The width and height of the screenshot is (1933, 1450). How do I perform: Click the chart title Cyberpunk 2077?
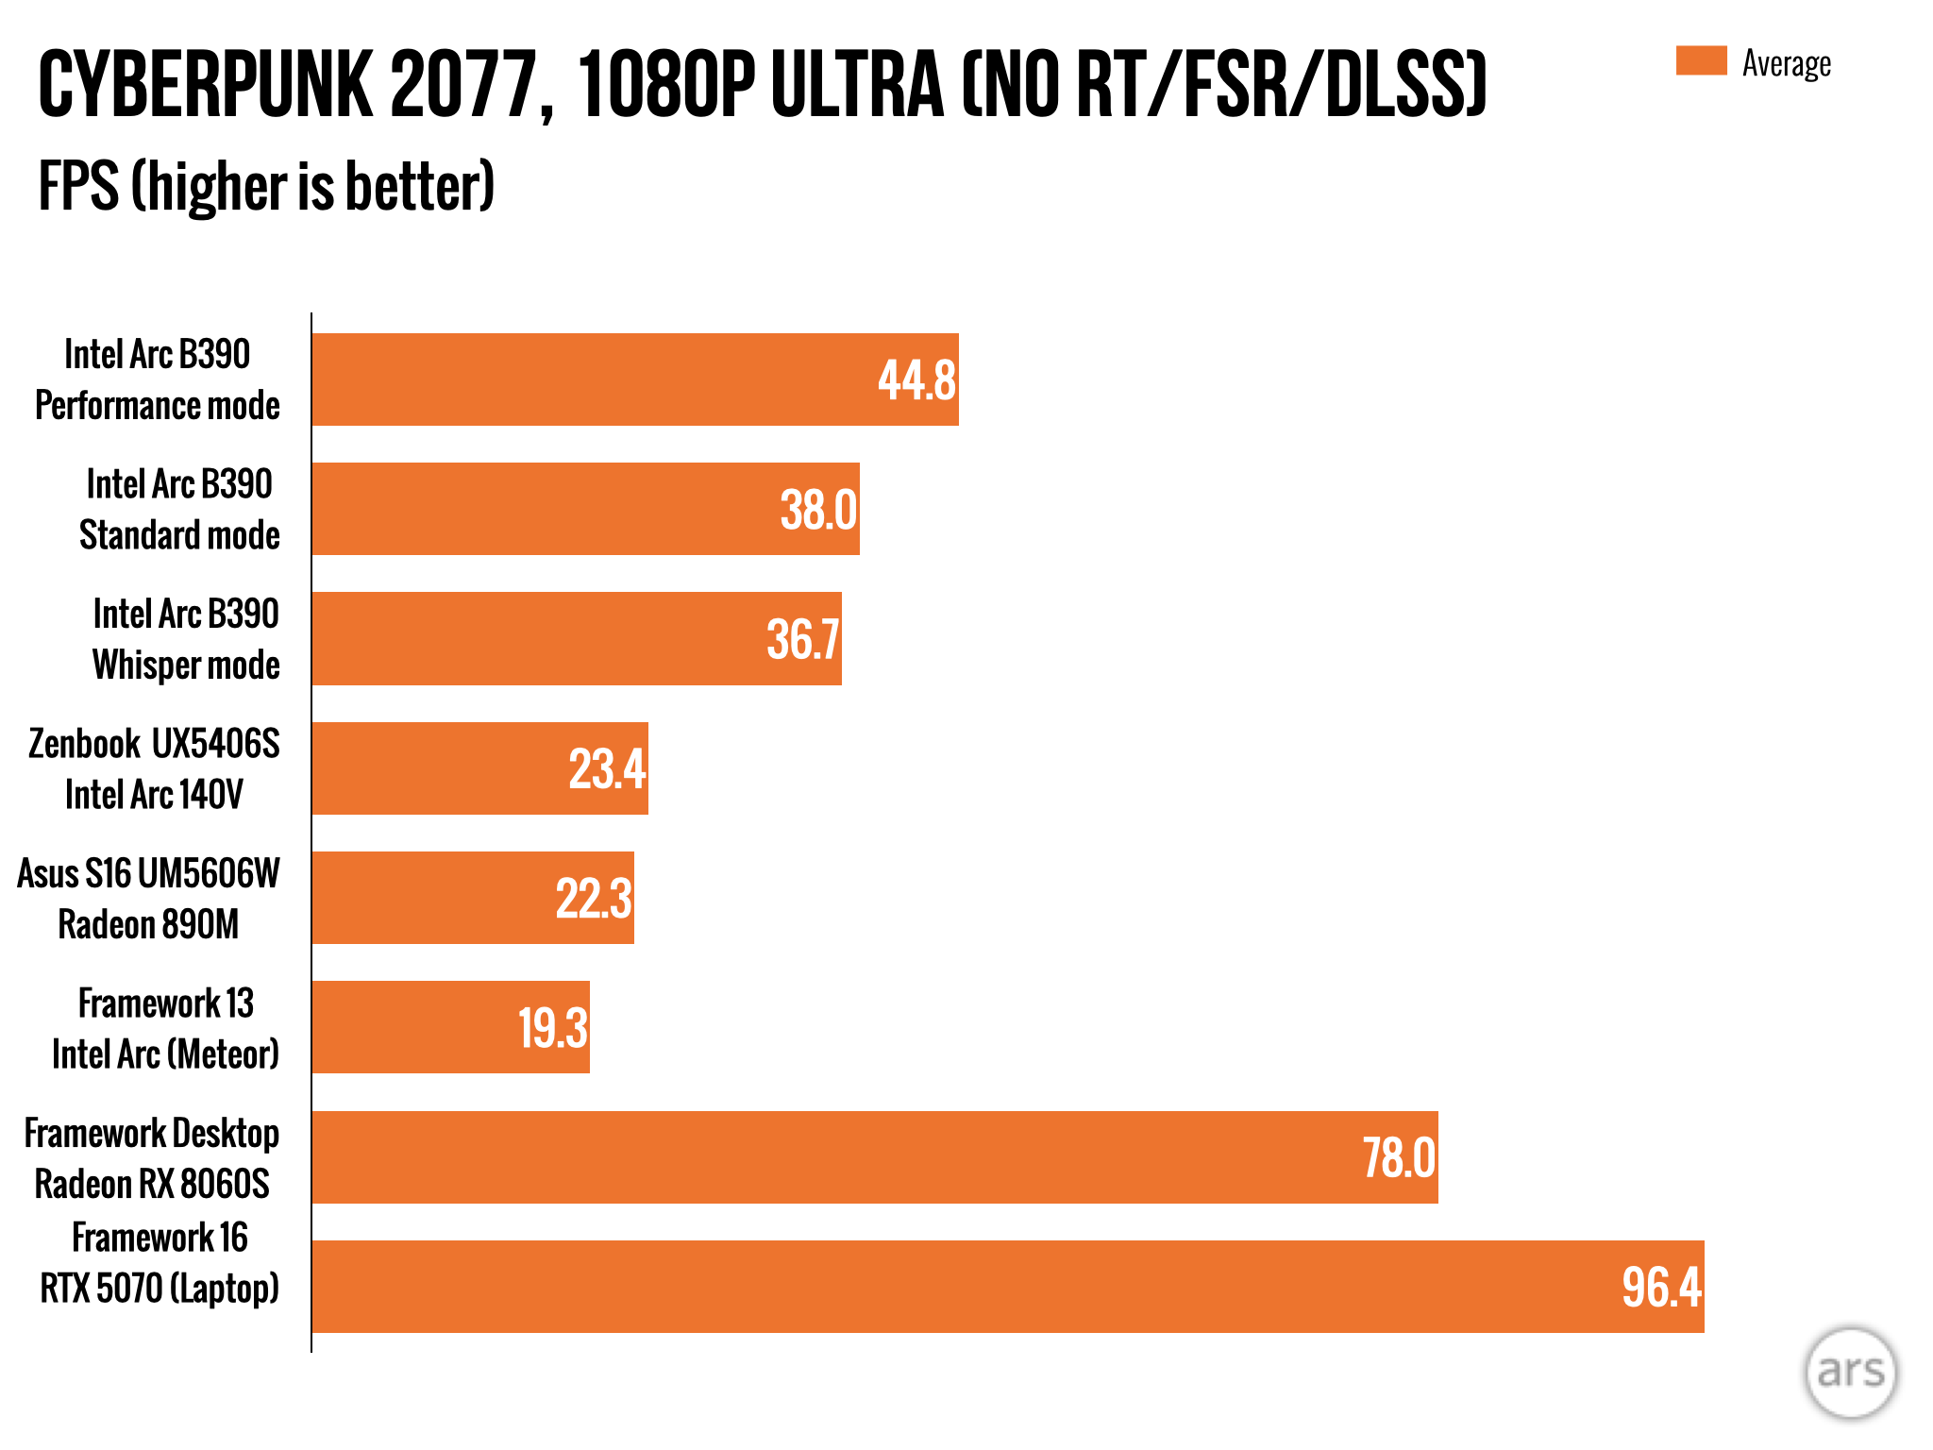tap(761, 85)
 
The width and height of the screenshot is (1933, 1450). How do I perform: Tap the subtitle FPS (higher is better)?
tap(266, 186)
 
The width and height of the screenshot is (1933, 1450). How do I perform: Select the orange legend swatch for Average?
tap(1701, 60)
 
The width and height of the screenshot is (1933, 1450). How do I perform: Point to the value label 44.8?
tap(916, 380)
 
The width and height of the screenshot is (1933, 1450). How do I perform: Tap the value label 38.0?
tap(818, 510)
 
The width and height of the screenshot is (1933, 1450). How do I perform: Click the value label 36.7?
tap(802, 639)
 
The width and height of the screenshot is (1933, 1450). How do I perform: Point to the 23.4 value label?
tap(607, 768)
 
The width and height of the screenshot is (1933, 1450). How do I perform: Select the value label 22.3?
tap(593, 898)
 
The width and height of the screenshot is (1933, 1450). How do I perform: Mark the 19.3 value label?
tap(553, 1028)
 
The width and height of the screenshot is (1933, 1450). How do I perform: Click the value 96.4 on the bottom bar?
tap(1661, 1287)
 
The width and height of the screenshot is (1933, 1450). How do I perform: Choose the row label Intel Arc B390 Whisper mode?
tap(186, 639)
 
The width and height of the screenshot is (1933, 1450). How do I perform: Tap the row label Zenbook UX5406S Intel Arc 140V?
tap(154, 768)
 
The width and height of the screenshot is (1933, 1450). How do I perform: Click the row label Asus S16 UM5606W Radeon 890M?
tap(148, 899)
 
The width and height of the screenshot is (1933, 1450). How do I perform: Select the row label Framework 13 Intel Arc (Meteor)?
tap(165, 1028)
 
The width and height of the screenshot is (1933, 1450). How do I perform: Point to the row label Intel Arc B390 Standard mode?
tap(179, 510)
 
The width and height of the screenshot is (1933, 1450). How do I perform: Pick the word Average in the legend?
tap(1786, 63)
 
